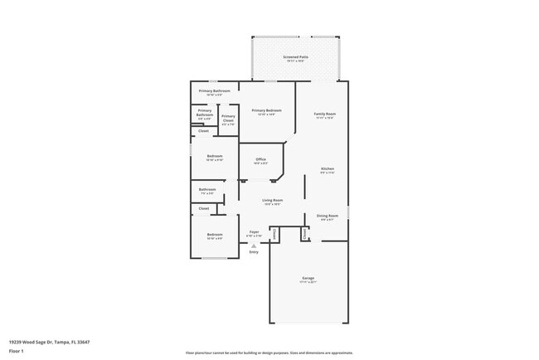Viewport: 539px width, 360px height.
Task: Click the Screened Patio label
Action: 295,57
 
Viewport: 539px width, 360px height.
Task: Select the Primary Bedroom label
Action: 266,110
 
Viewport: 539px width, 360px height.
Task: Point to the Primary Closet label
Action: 228,118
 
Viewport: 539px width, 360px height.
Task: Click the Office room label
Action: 260,159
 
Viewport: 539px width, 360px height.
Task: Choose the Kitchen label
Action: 328,169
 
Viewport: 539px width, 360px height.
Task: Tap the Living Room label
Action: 272,200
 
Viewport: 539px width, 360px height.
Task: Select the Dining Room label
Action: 328,216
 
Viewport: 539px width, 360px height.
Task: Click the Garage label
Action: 308,278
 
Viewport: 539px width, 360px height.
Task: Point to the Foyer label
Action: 254,232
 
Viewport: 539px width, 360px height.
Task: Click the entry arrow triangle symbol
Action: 254,246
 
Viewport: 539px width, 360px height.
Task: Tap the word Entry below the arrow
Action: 254,252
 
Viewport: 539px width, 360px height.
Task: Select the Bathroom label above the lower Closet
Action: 207,189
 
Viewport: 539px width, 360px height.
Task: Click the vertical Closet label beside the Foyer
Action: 274,235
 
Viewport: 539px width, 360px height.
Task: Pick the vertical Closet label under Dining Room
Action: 304,235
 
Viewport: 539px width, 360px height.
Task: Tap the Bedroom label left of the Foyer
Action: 214,235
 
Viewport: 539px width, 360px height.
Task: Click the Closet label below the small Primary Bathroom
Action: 203,131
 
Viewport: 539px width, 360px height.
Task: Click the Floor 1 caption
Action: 17,351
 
